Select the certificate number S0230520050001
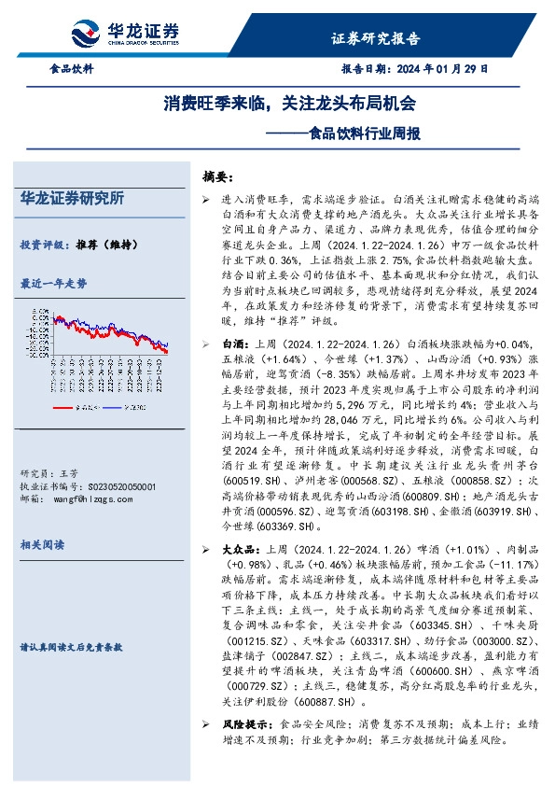click(x=114, y=486)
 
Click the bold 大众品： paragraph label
click(x=240, y=550)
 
